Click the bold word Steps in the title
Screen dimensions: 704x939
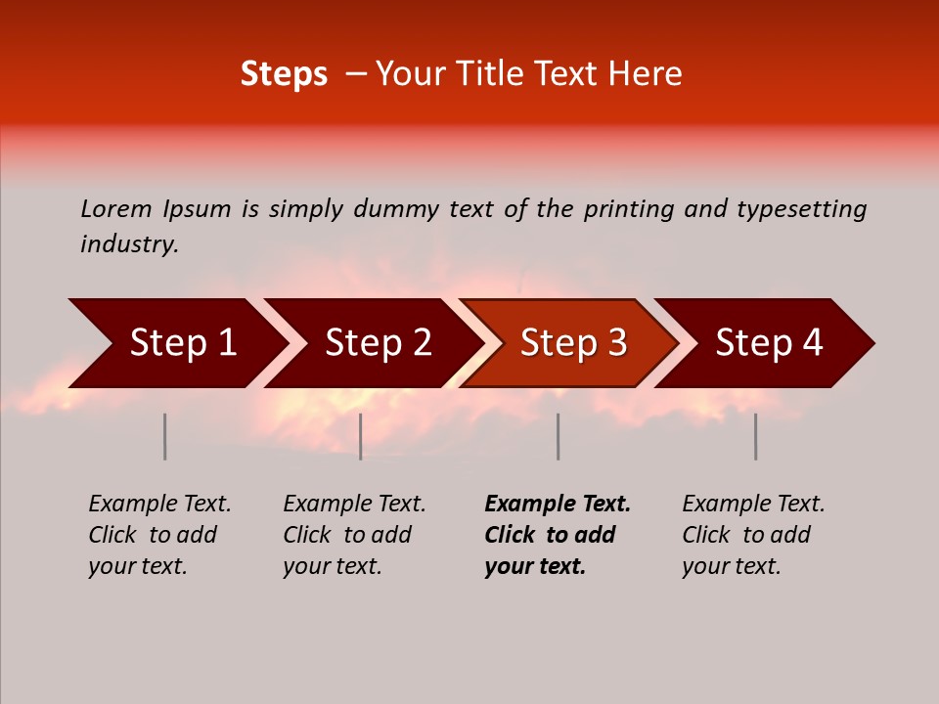(x=284, y=74)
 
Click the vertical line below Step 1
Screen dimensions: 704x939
(x=165, y=436)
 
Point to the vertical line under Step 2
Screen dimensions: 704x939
(x=361, y=436)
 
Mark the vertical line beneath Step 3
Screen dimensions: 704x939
(x=558, y=436)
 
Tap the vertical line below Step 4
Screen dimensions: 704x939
(x=755, y=436)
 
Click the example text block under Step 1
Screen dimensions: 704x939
(x=158, y=535)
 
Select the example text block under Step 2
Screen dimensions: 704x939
(x=353, y=535)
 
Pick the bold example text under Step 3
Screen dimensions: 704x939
(x=557, y=535)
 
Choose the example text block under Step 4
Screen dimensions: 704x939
(x=752, y=535)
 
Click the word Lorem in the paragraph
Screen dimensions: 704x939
(x=116, y=208)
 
